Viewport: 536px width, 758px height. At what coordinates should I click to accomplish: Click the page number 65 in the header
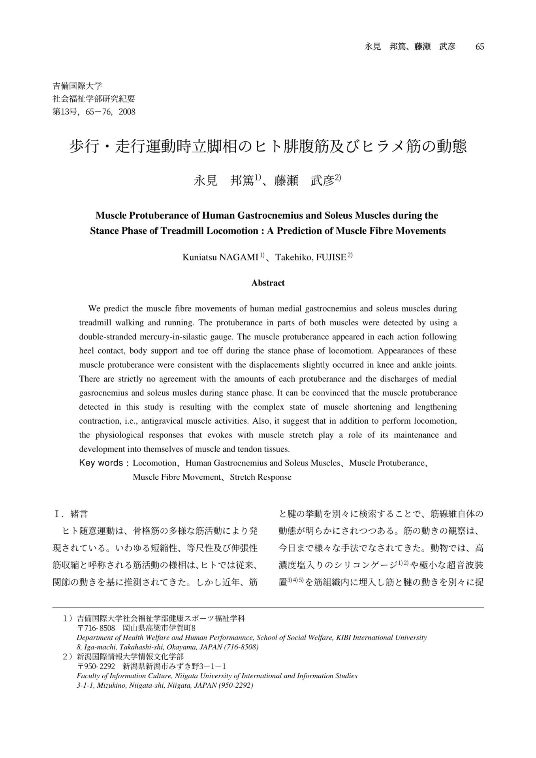coord(480,47)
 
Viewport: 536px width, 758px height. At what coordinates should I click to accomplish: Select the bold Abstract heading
coord(268,283)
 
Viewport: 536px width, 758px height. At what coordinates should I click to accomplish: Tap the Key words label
coord(102,463)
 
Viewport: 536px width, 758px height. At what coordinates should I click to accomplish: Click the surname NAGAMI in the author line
coord(239,258)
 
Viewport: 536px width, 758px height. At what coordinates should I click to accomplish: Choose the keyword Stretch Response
coord(261,477)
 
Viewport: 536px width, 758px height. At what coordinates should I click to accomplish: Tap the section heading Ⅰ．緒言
coord(71,514)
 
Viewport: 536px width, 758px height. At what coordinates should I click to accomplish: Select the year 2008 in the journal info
coord(127,112)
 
